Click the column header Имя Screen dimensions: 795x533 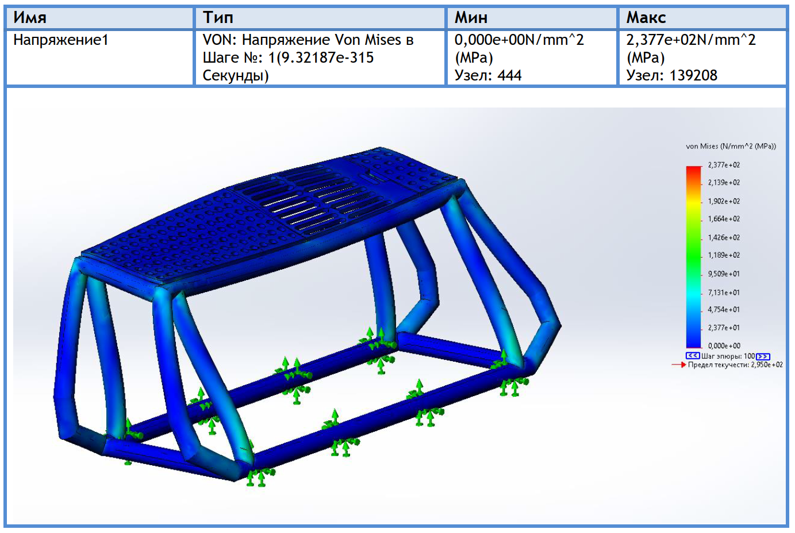point(30,17)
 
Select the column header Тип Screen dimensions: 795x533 point(218,17)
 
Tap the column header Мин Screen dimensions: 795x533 point(471,17)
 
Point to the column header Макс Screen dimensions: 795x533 point(646,17)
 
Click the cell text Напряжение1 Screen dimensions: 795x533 point(61,40)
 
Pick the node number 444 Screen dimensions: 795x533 point(509,75)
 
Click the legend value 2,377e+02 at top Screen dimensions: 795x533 point(724,165)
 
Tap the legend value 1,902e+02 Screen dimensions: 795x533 point(724,201)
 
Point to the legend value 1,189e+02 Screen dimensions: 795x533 point(724,255)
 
